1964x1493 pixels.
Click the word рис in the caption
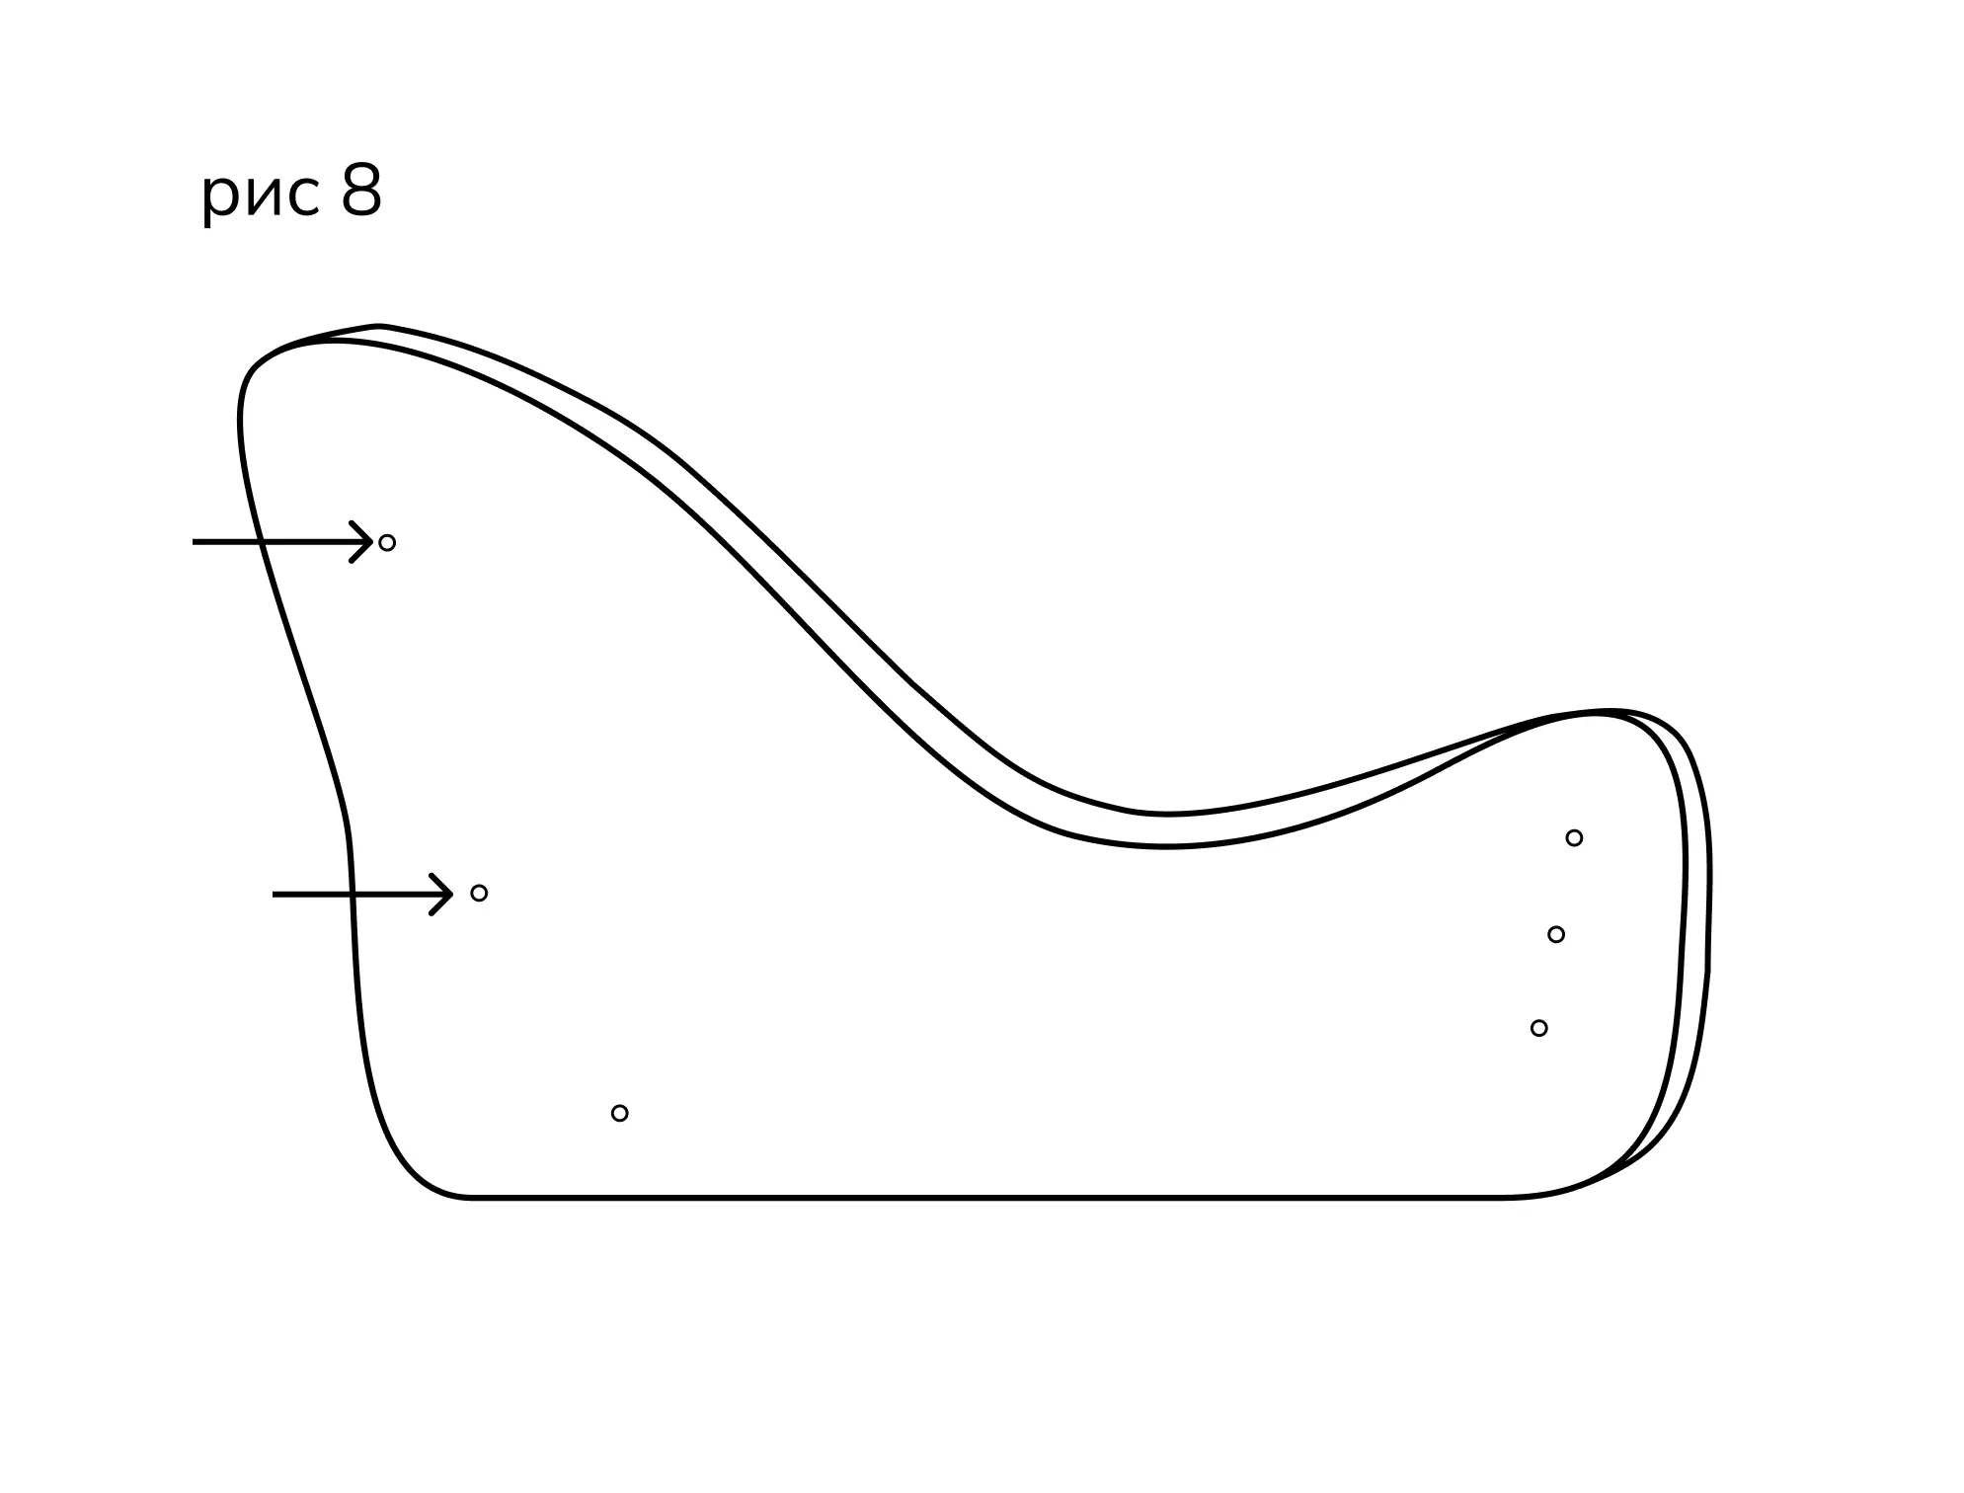click(x=261, y=196)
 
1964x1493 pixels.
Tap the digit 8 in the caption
click(x=361, y=191)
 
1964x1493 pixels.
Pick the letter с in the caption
click(x=306, y=194)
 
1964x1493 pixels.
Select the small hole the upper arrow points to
click(x=387, y=543)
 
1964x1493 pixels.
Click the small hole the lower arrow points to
click(x=479, y=894)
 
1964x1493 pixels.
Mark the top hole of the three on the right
click(x=1574, y=838)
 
